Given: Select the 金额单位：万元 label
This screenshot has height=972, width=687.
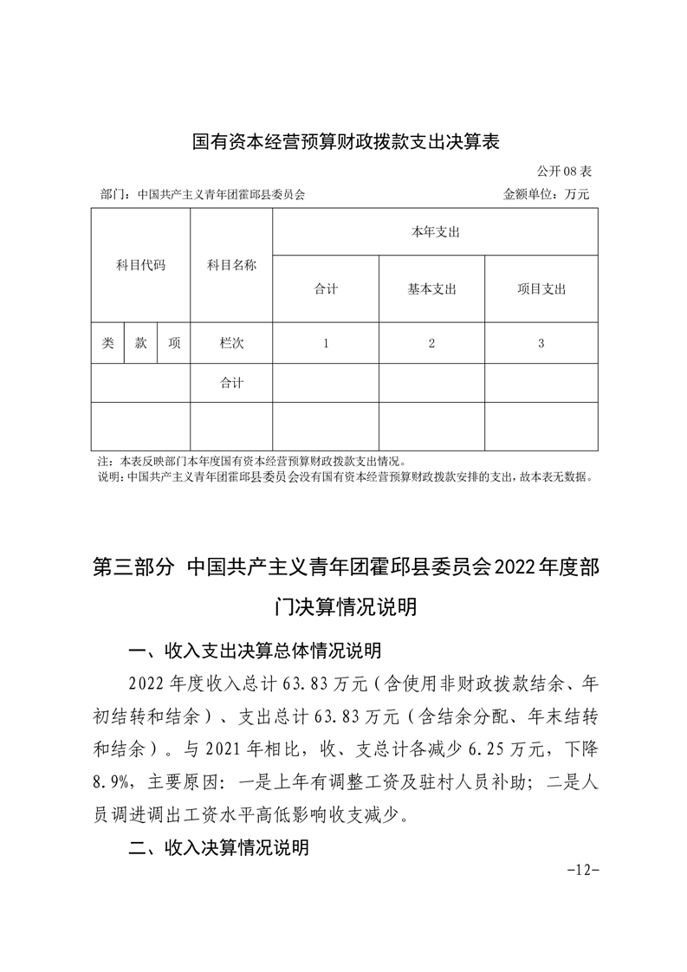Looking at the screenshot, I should coord(546,194).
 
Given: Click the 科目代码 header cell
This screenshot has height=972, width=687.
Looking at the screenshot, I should coord(140,265).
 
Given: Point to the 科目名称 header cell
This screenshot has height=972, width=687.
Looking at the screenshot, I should coord(231,265).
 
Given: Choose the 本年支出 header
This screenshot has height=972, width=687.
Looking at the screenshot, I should coord(435,232).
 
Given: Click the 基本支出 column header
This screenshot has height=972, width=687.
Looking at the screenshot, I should coord(431,289).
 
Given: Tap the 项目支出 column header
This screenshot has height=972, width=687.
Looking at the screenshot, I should coord(541,289).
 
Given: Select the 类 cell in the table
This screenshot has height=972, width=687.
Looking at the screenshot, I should coord(107,343).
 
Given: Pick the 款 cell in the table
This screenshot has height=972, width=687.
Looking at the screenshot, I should coord(140,343).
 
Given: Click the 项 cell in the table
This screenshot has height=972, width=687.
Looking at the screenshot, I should coord(174,343).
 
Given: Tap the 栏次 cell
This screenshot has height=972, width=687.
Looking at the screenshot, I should coord(231,343).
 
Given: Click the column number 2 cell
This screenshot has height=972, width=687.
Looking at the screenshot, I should coord(431,343).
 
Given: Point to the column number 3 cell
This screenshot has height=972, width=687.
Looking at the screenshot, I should coord(541,343).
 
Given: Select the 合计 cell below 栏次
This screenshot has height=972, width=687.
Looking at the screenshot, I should coord(231,383).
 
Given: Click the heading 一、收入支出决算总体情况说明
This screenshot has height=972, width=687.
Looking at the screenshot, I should coord(254,651).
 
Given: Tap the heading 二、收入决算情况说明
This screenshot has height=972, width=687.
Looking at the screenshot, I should coord(218,848).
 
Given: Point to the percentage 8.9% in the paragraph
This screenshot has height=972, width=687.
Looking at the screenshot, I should coord(110,781).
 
